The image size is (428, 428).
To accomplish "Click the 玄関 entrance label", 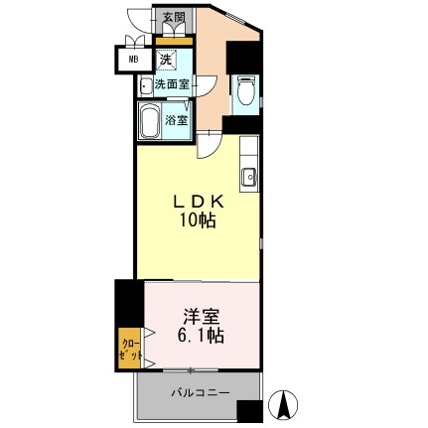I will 174,18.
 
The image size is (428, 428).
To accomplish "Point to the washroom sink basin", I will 145,85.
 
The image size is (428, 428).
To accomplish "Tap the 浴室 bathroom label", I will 177,120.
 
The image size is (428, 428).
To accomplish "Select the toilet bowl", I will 244,95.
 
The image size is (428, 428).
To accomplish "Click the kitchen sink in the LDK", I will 247,178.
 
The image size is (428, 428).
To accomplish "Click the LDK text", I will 200,201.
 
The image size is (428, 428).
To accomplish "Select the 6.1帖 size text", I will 200,336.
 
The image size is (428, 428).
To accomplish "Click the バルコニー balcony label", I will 199,393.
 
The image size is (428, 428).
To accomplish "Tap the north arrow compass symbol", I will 283,403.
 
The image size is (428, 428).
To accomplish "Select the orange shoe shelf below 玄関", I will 174,40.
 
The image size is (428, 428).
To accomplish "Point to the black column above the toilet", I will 242,56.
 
